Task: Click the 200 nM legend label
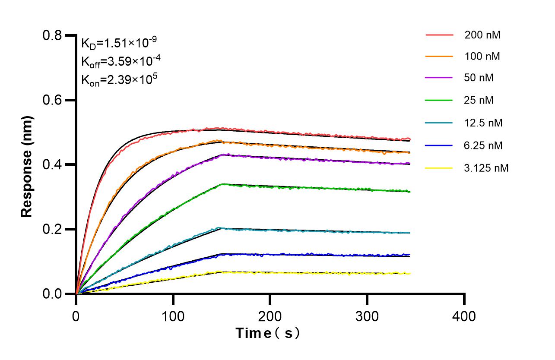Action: tap(482, 35)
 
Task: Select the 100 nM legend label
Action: tap(482, 57)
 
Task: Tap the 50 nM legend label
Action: tap(479, 78)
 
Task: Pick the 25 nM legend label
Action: tap(479, 101)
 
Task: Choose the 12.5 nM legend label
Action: tap(483, 123)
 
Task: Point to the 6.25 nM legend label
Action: tap(483, 145)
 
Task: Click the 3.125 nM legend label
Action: tap(486, 168)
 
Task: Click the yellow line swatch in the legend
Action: tap(439, 168)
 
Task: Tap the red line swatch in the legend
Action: tap(439, 35)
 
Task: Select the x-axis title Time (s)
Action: tap(268, 333)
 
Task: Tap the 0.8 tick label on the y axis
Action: tap(52, 35)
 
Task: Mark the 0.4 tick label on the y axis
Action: tap(52, 165)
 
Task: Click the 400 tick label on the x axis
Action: tap(464, 316)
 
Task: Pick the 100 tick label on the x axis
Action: tap(173, 316)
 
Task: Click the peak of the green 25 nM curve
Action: tap(222, 184)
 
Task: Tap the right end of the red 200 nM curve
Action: tap(409, 139)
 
